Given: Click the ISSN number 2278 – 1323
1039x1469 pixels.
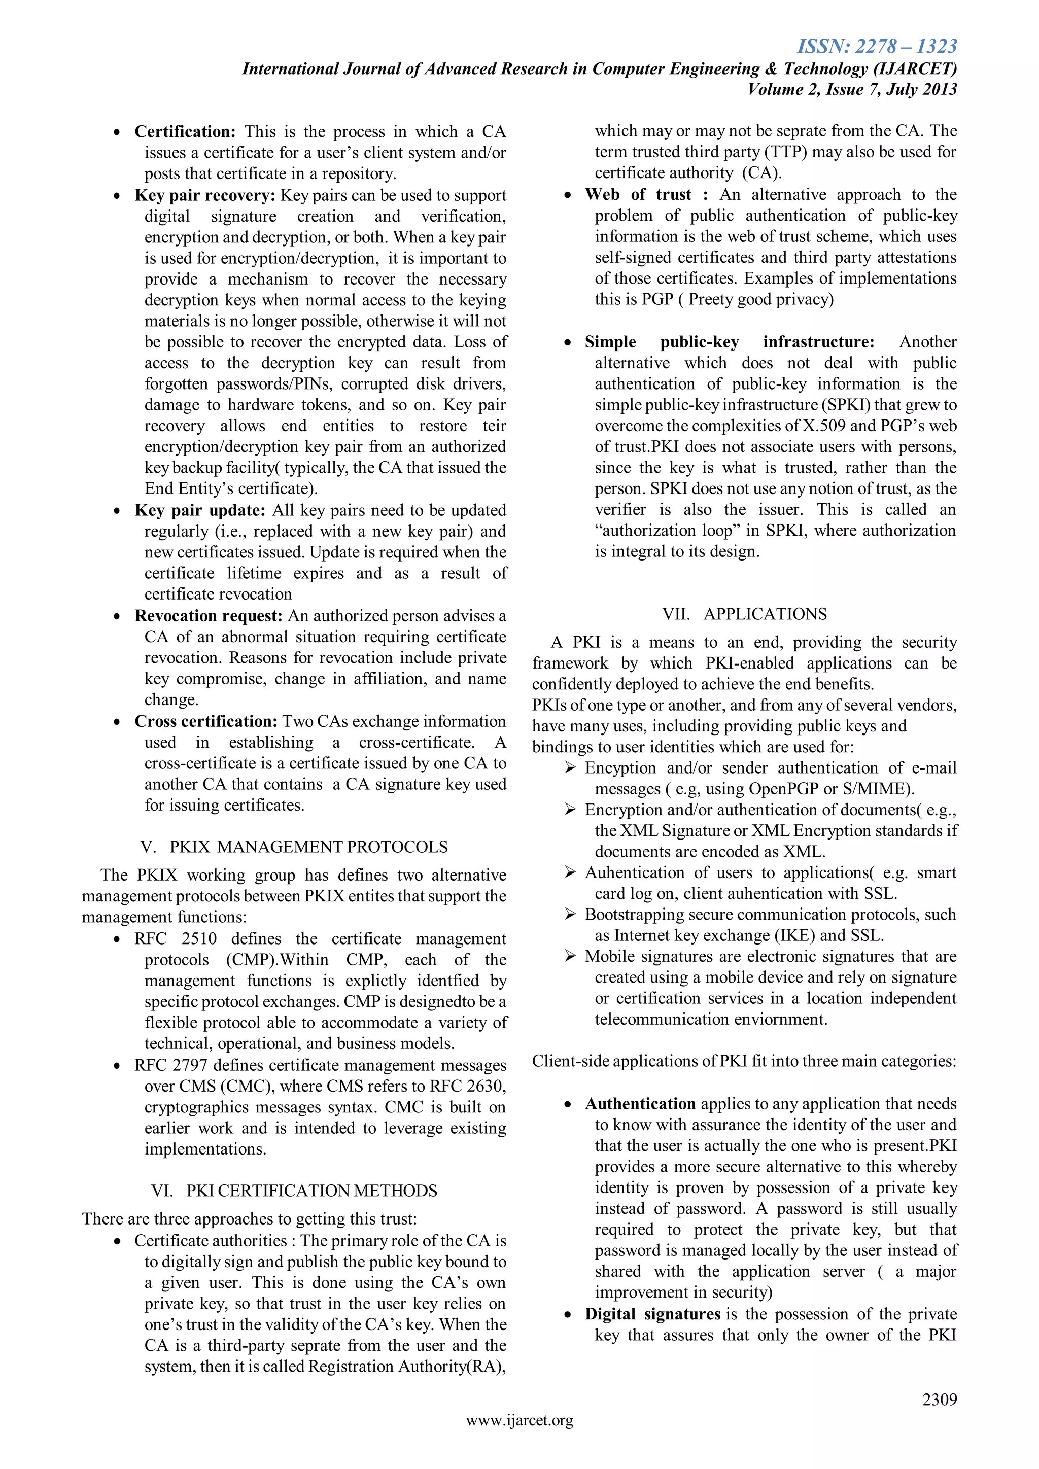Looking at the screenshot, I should click(877, 46).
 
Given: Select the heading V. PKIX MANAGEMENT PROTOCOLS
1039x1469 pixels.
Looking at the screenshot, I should click(294, 847).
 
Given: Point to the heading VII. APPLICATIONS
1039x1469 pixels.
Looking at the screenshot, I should click(744, 614).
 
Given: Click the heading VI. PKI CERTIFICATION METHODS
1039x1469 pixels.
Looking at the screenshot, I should click(294, 1190).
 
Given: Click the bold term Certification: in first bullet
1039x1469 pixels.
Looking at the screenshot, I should click(185, 132).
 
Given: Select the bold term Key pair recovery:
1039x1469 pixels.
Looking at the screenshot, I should click(205, 195).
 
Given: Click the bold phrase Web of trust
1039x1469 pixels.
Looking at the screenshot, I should click(638, 194).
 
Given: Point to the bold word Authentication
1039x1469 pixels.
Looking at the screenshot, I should click(640, 1104).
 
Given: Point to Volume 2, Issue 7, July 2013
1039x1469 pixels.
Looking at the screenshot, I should click(852, 89).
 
